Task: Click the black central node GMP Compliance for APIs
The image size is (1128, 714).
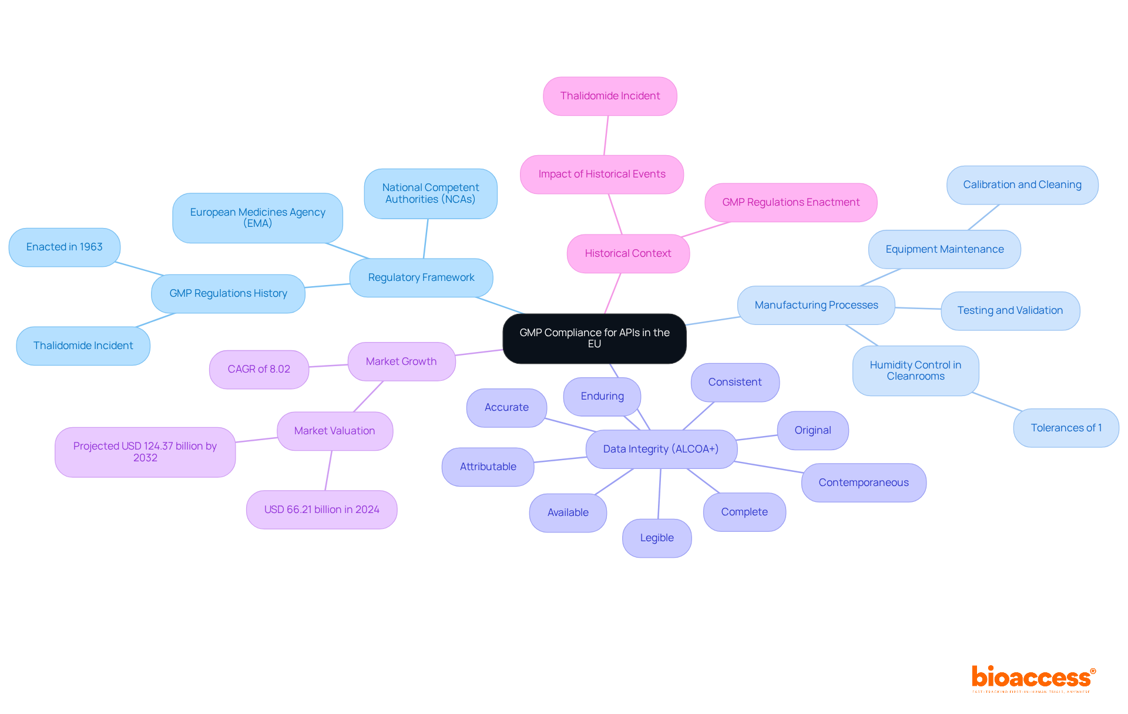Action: tap(594, 338)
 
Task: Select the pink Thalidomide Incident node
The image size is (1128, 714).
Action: tap(610, 96)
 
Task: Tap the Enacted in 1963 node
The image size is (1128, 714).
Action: tap(65, 247)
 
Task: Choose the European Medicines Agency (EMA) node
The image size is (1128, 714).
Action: tap(257, 217)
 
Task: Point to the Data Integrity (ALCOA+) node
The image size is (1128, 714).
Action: tap(661, 449)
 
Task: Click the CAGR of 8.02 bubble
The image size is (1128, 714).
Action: tap(259, 369)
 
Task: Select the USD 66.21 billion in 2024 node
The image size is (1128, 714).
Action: tap(321, 509)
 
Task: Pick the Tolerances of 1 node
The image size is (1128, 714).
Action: tap(1066, 428)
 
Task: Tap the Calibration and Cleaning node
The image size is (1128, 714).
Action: tap(1022, 185)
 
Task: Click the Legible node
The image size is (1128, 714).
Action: tap(657, 538)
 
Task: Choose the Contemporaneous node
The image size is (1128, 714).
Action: tap(864, 482)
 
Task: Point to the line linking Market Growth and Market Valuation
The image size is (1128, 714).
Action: tap(368, 396)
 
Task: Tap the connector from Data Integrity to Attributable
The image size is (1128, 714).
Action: tap(560, 460)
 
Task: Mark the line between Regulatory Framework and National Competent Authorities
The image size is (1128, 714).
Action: tap(425, 239)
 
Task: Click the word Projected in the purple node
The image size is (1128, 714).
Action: tap(96, 446)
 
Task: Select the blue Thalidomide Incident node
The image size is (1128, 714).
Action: tap(83, 346)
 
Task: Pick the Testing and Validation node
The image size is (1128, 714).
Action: tap(1010, 310)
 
